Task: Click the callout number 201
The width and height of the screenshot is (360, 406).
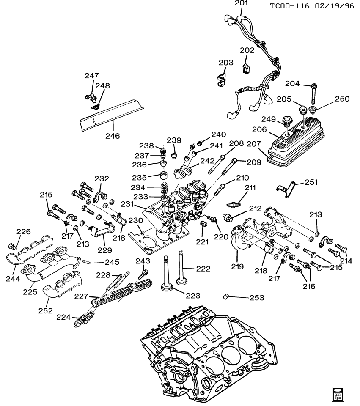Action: [x=241, y=4]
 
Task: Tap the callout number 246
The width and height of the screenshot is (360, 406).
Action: [x=113, y=136]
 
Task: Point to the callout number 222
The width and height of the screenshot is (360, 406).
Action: [x=203, y=269]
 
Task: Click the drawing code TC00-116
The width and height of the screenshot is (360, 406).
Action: [x=290, y=6]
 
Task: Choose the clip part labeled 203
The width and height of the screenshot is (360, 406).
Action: [x=220, y=79]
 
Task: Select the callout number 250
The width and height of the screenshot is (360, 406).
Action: [x=342, y=99]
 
